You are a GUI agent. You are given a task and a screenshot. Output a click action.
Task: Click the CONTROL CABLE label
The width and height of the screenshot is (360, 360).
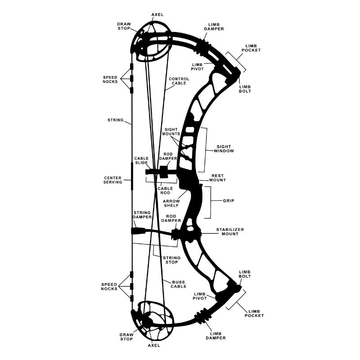(179, 81)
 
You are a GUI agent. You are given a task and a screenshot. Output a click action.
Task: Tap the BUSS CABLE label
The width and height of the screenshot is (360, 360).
(179, 284)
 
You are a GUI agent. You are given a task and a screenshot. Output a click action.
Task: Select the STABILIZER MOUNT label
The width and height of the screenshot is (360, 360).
(230, 232)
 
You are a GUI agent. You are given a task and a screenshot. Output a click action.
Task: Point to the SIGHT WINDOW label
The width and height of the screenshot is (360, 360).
(224, 149)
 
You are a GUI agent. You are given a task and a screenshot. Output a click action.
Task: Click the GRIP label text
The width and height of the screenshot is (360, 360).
(229, 201)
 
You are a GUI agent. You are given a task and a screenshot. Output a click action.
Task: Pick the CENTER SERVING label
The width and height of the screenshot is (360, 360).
(113, 180)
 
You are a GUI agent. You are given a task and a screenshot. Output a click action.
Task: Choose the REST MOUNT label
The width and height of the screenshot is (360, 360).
(218, 178)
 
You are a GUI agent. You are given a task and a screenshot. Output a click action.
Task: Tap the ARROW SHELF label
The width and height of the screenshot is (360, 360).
(171, 203)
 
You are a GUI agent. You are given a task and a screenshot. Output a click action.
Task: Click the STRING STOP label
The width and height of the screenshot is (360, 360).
(172, 260)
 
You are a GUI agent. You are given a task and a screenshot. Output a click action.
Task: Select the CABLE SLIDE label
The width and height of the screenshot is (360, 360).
(141, 161)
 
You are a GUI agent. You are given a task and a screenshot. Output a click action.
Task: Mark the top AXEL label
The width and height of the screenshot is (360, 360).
(157, 15)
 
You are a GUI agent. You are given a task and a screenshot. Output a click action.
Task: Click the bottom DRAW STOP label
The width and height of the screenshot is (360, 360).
(126, 337)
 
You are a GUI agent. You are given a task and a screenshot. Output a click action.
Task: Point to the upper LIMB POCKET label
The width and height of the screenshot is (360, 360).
(251, 48)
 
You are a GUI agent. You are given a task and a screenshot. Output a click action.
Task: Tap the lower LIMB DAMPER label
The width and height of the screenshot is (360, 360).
(216, 336)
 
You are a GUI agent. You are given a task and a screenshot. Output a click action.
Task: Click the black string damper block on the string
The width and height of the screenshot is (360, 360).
(138, 231)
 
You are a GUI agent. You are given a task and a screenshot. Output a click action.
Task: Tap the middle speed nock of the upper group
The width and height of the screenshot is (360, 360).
(132, 78)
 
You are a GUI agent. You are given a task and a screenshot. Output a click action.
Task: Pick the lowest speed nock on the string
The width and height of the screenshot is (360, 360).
(132, 298)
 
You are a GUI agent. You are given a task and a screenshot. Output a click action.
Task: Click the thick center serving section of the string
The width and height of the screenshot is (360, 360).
(132, 176)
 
